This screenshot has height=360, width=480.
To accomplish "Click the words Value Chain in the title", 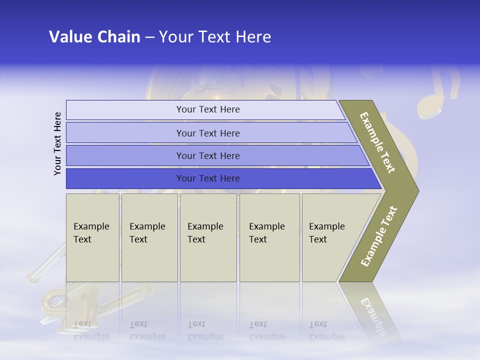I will (x=94, y=37).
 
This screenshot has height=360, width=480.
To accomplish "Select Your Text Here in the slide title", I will (x=215, y=37).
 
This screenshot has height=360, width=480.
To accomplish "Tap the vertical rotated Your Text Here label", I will (x=58, y=143).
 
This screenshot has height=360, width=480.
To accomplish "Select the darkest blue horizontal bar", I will (x=220, y=178).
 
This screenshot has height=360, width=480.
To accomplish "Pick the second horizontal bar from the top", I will (x=210, y=133).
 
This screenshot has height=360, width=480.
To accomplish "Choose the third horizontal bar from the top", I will (x=215, y=155).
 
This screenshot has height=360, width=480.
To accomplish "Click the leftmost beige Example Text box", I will (x=92, y=237).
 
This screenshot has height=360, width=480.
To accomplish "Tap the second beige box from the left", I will (x=149, y=237).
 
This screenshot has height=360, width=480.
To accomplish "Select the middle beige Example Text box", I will (x=208, y=237).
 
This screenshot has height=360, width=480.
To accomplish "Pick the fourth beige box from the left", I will (x=269, y=237).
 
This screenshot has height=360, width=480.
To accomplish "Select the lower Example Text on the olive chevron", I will (x=379, y=236).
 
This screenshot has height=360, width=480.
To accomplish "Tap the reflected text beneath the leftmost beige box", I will (x=91, y=330).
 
